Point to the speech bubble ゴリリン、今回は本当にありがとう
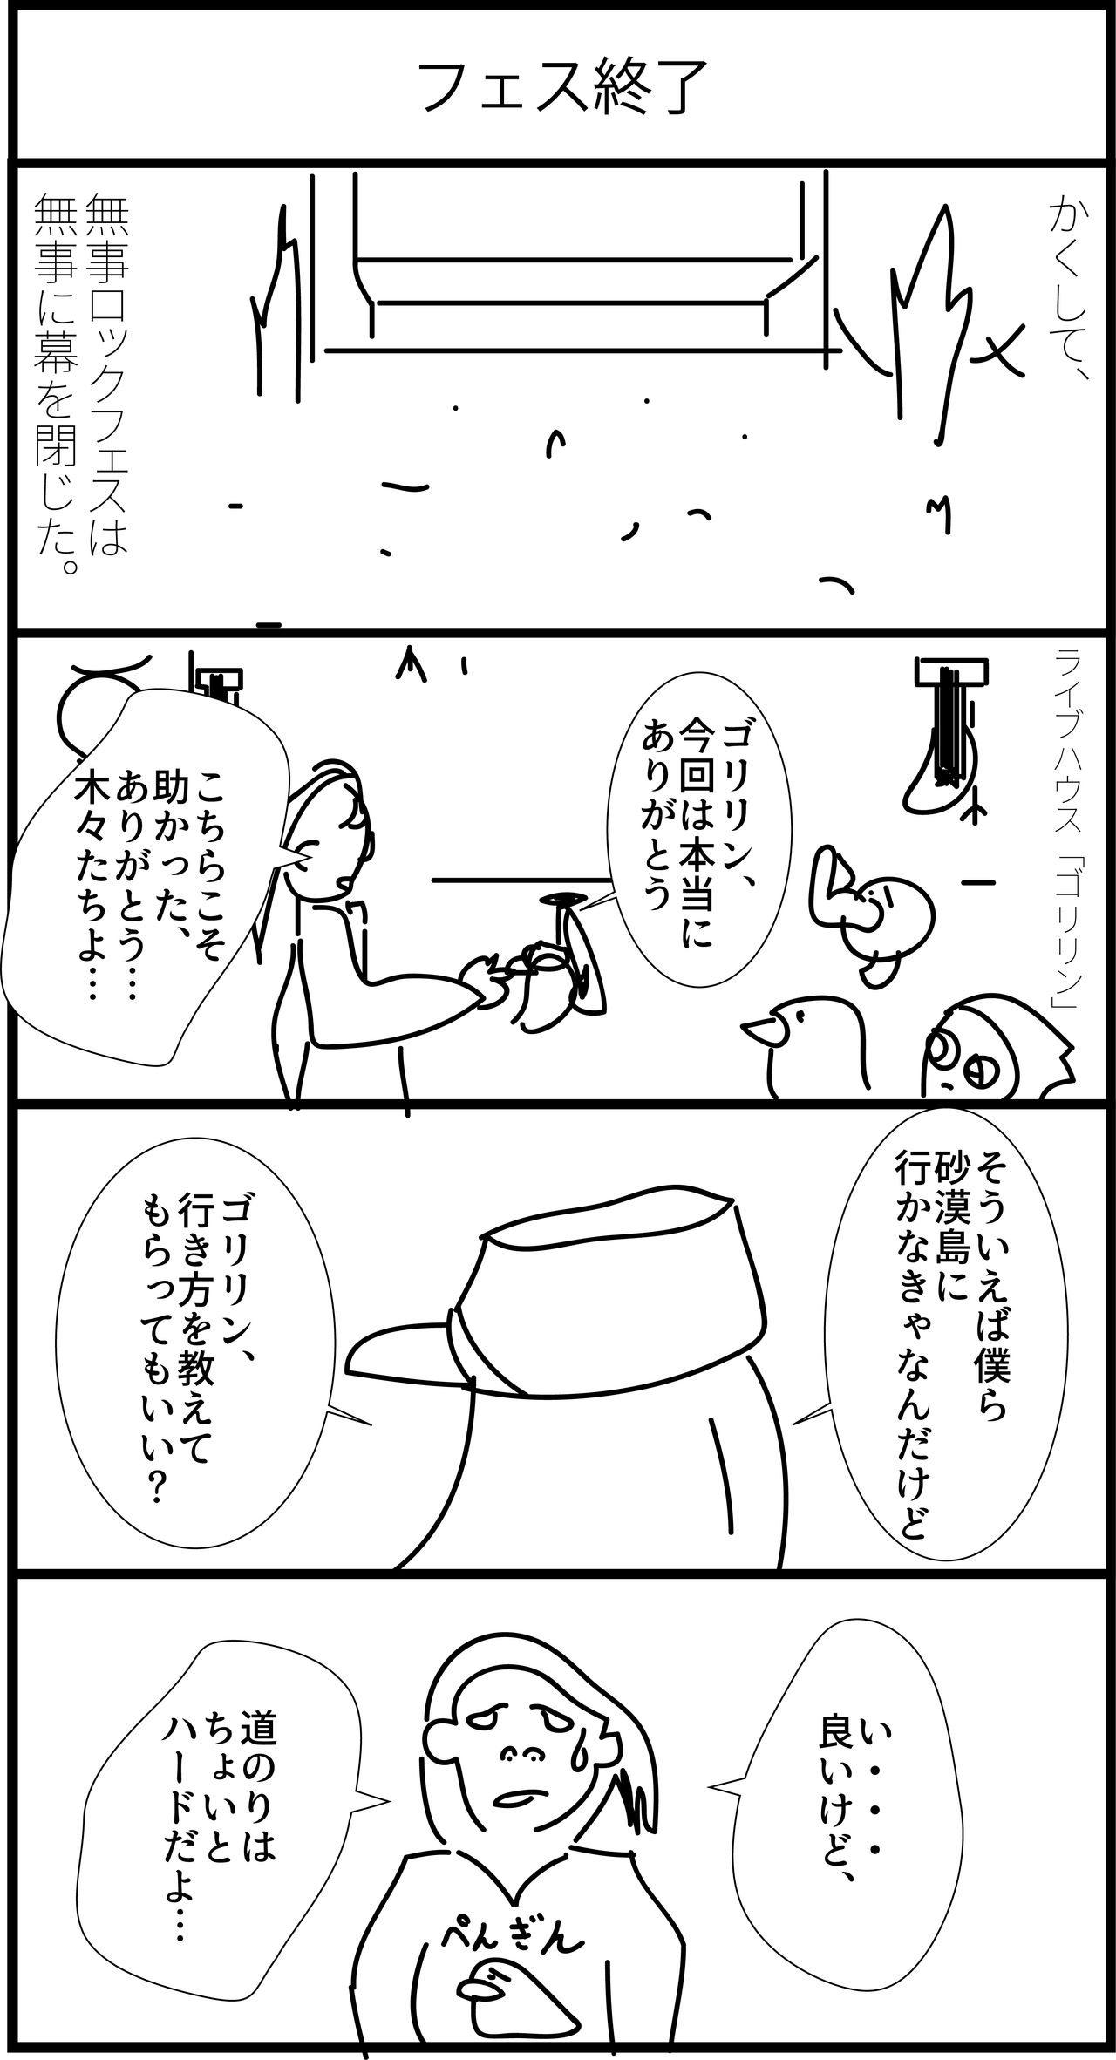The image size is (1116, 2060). pyautogui.click(x=689, y=827)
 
